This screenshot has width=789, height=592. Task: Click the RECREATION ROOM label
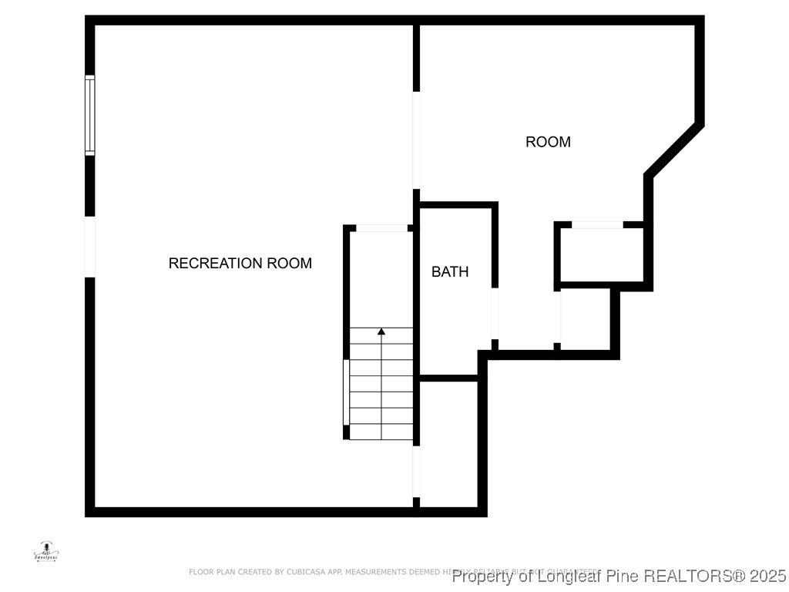coord(240,263)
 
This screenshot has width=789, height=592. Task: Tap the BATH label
coord(450,271)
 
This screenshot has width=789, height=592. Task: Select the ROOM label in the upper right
coord(548,142)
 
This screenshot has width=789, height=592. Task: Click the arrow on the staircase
coord(381,332)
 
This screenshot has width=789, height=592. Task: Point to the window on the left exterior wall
coord(90,116)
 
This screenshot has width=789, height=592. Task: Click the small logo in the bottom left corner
coord(47,551)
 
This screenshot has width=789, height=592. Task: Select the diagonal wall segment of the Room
coord(673,150)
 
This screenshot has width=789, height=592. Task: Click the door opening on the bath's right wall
coord(495,313)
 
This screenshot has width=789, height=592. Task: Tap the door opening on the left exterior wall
coord(90,247)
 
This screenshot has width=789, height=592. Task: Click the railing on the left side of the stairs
coord(346,392)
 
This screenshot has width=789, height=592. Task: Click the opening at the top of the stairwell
coord(381,228)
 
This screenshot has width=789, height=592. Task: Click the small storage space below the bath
coord(448,443)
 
